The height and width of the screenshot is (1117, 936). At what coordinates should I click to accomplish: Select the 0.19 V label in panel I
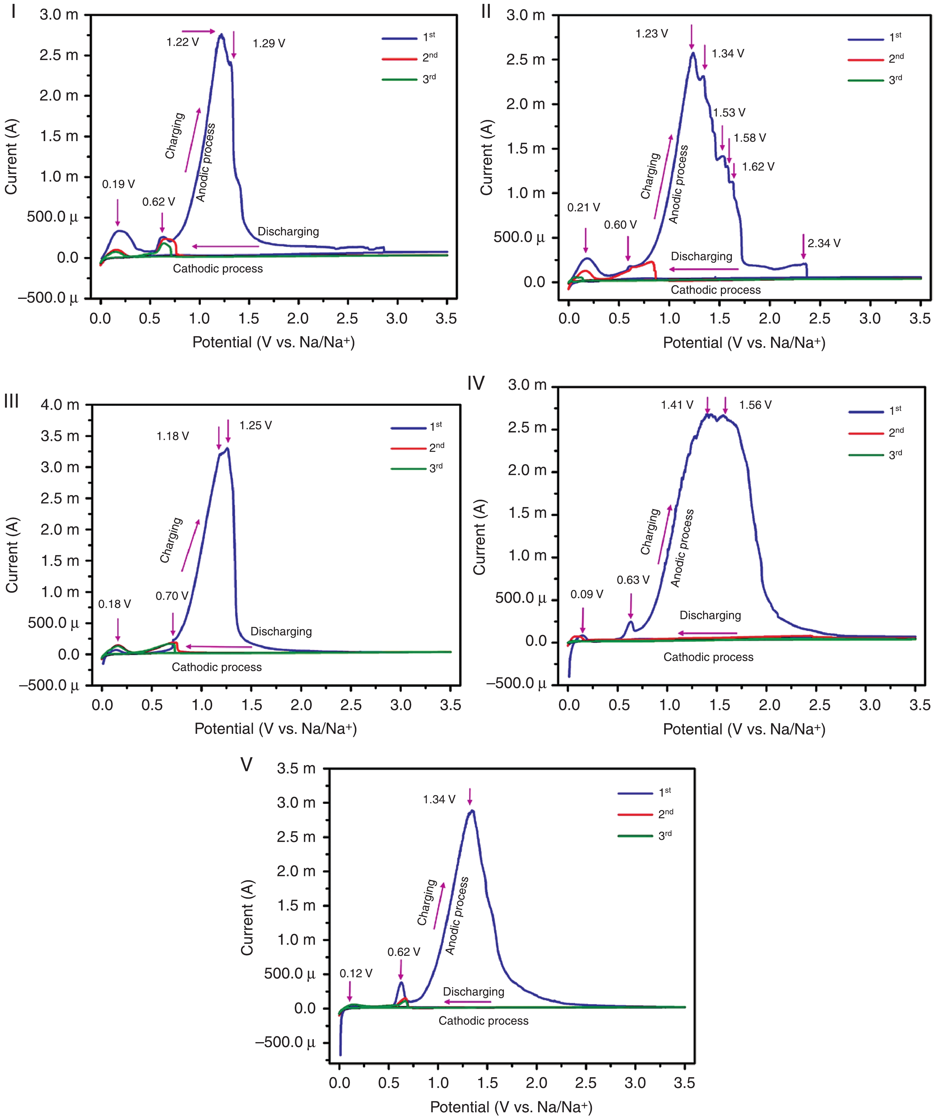(x=118, y=184)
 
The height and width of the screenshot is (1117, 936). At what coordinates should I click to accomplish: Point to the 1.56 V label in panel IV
(x=755, y=405)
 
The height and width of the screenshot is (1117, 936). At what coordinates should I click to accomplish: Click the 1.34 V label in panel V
(x=439, y=799)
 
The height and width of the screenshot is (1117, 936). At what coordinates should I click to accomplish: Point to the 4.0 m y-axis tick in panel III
(x=60, y=405)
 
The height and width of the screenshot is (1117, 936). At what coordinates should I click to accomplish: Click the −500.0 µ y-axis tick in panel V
(x=285, y=1042)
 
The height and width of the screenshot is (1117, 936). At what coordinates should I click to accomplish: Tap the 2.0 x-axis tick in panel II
(x=769, y=318)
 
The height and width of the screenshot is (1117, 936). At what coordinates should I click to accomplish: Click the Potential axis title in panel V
(x=511, y=1107)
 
